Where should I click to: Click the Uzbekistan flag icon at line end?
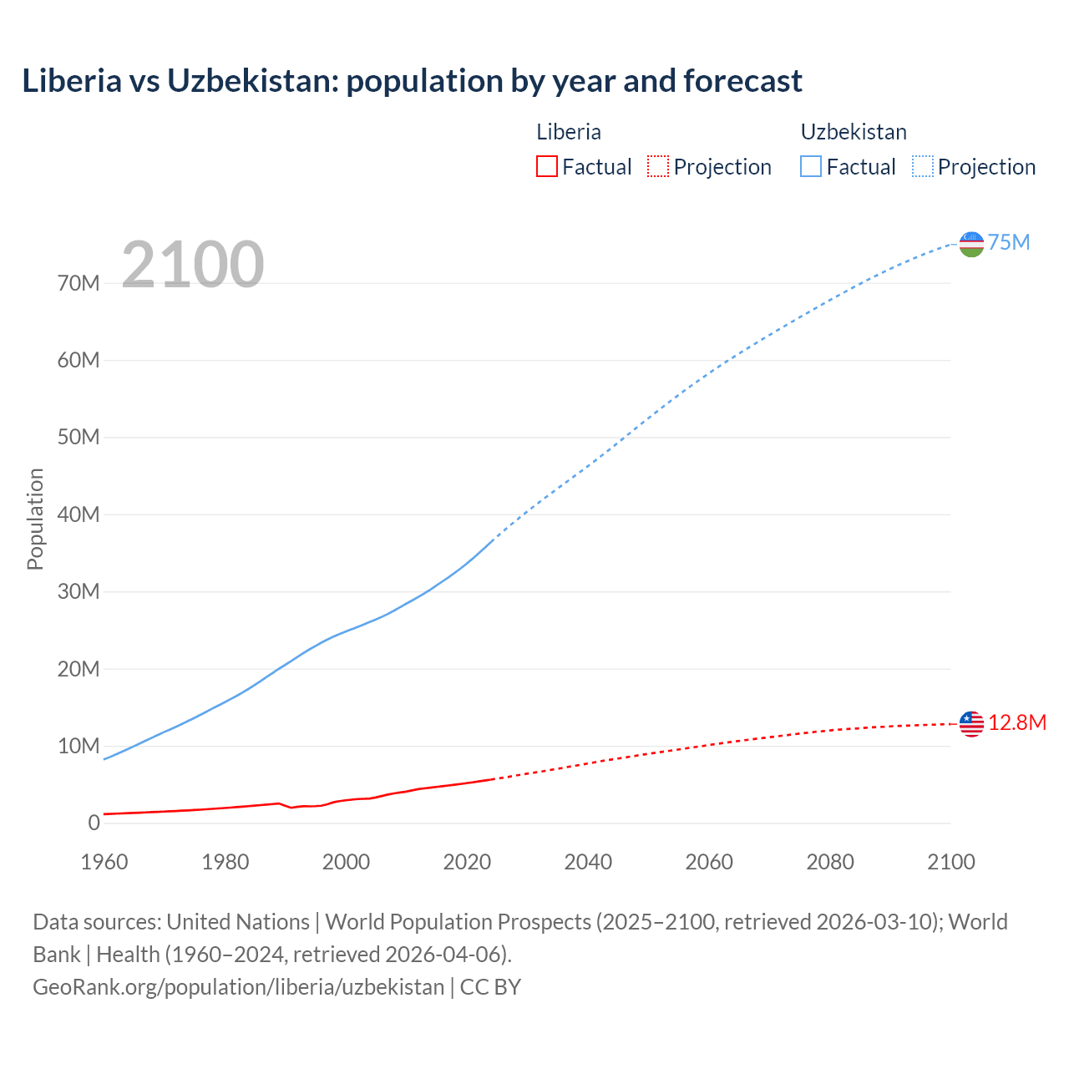pos(971,244)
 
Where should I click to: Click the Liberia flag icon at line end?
pos(971,723)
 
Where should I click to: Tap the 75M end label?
pos(1009,243)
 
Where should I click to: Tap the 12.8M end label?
pos(1016,723)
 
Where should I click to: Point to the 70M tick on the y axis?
pos(79,283)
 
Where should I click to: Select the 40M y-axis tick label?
pos(79,514)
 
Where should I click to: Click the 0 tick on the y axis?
pos(94,823)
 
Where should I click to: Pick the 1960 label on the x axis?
pos(104,862)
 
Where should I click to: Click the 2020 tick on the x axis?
pos(467,862)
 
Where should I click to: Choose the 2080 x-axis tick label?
pos(829,862)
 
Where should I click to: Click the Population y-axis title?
pos(35,519)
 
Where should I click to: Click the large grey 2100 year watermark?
pos(193,265)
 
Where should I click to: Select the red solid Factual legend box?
pos(546,167)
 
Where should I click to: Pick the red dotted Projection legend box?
pos(658,167)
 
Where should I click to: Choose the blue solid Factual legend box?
pos(810,167)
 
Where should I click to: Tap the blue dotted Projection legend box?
pos(923,167)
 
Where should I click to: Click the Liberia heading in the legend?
pos(569,132)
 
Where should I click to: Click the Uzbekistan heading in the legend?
pos(854,132)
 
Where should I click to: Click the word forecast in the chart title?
pos(742,81)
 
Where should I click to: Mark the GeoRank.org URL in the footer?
pos(239,987)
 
